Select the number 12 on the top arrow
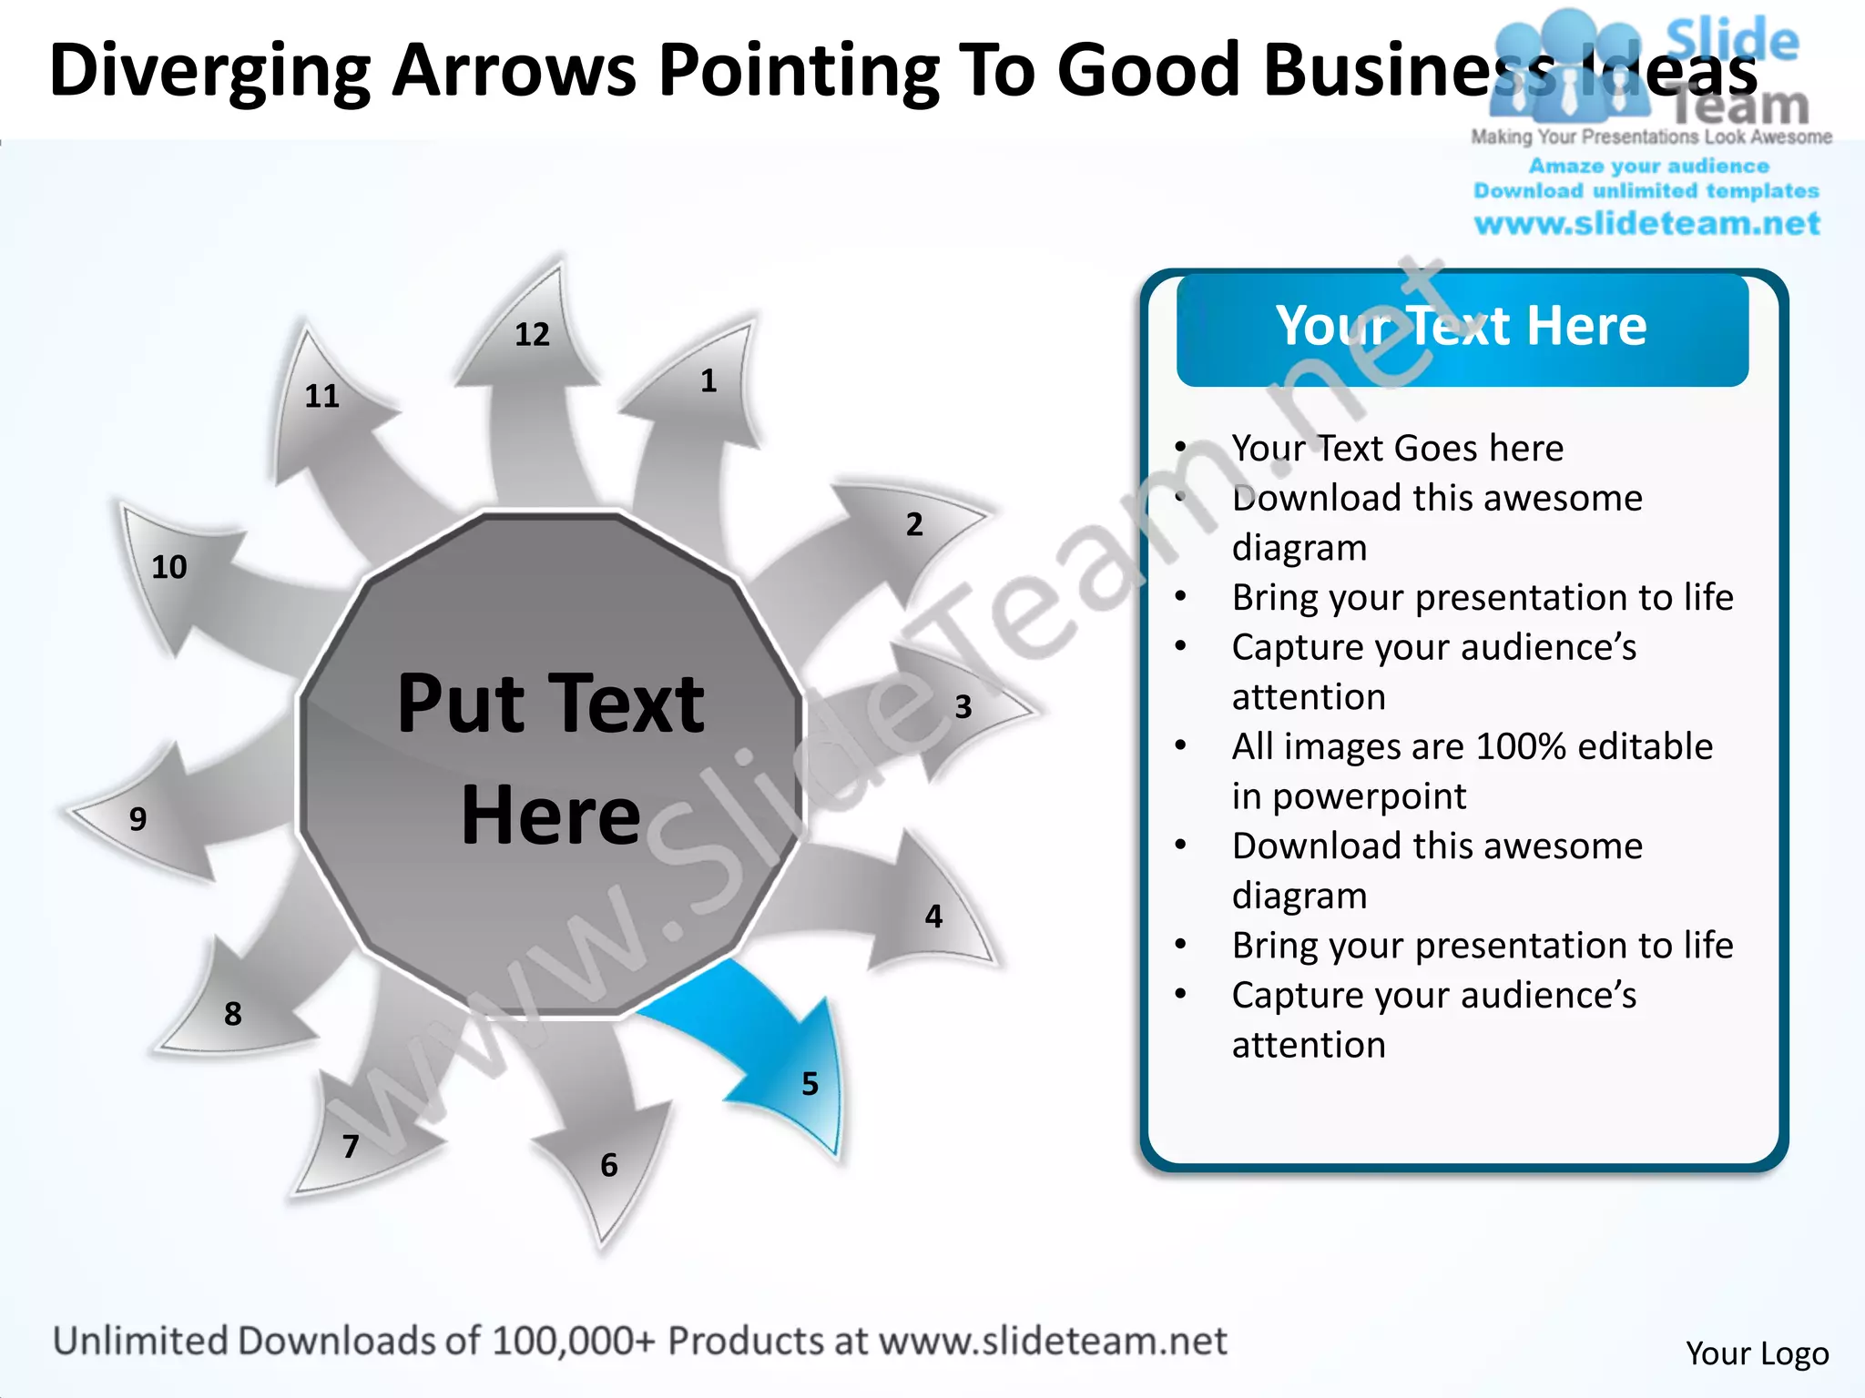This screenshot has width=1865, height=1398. click(532, 335)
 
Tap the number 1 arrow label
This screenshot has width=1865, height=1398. click(708, 380)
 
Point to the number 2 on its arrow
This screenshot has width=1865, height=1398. click(914, 524)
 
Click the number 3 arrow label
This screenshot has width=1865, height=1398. click(963, 707)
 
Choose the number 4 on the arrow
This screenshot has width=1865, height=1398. click(933, 916)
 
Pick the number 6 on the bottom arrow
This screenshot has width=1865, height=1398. click(609, 1165)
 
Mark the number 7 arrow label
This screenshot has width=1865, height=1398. click(351, 1146)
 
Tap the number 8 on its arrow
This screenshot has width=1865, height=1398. click(233, 1014)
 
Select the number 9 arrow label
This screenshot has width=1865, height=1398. click(138, 819)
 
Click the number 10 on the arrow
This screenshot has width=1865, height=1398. click(169, 567)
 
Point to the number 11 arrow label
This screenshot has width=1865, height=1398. click(321, 396)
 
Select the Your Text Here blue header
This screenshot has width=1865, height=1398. click(1462, 328)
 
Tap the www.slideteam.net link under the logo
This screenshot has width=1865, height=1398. click(1646, 224)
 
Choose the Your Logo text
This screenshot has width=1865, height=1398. click(1757, 1353)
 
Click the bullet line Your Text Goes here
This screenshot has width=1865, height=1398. click(1397, 449)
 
